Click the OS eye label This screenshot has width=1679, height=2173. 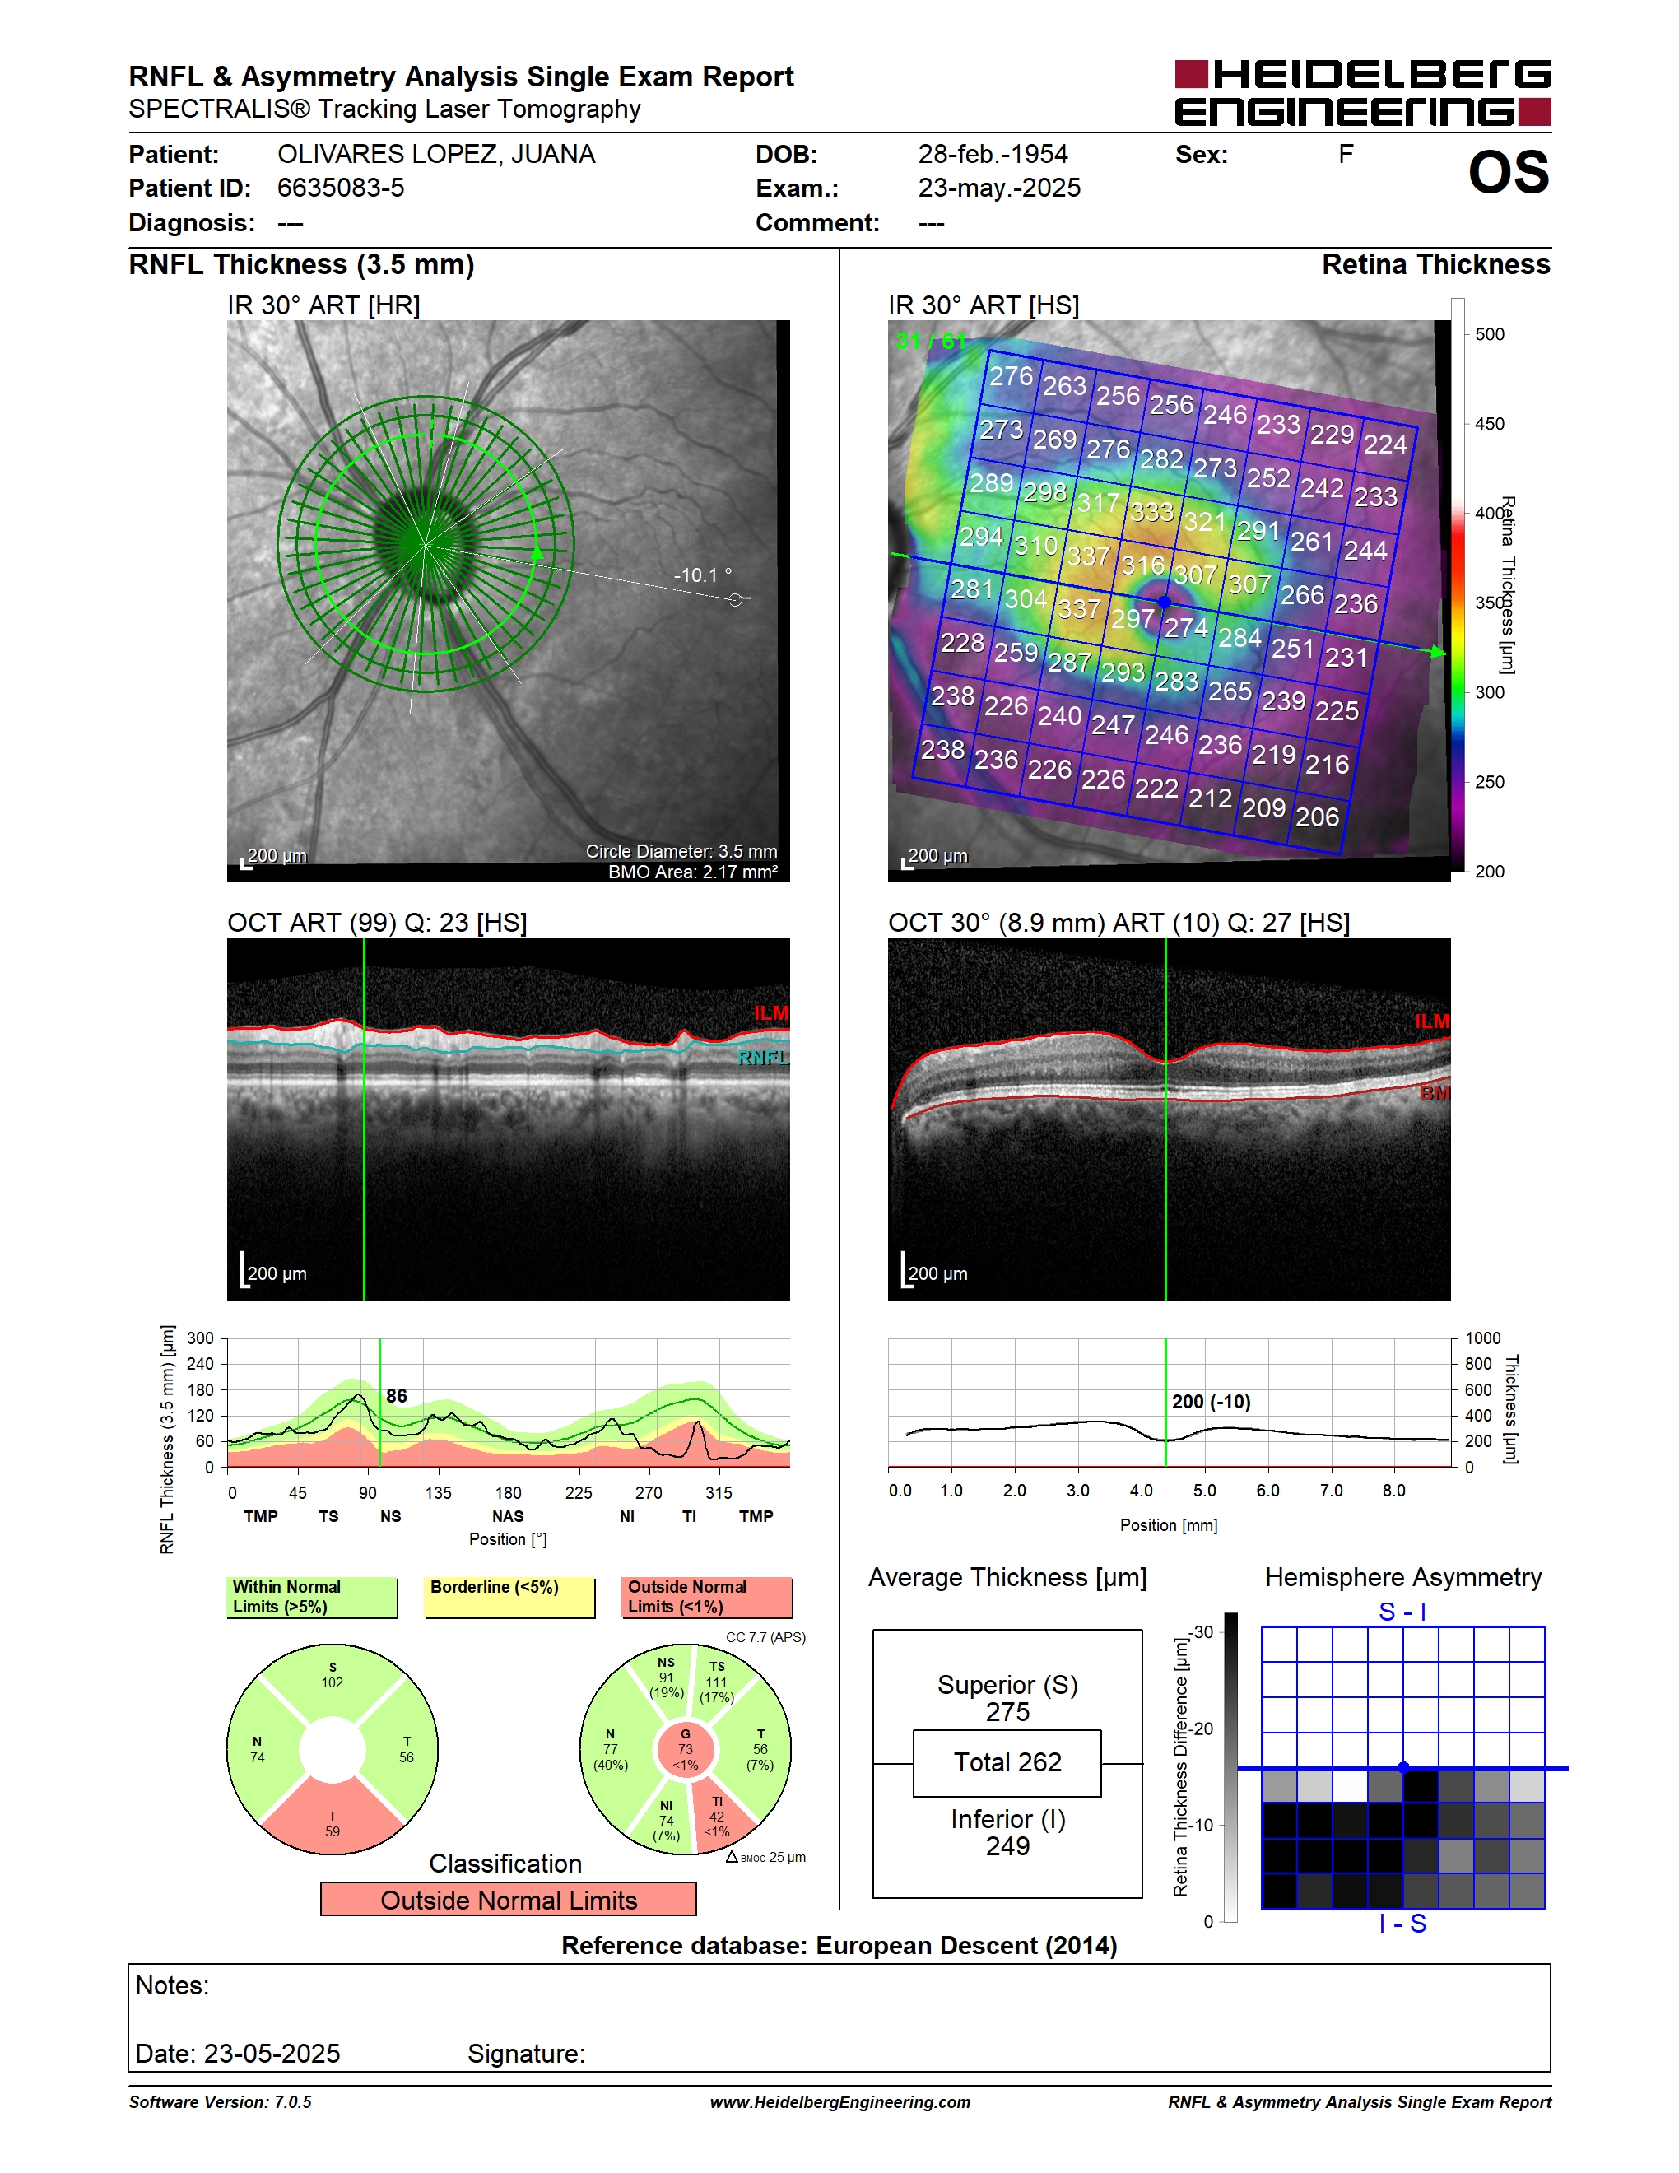coord(1508,173)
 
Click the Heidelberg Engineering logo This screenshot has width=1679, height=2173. coord(1363,92)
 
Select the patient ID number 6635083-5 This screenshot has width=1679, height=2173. coord(340,188)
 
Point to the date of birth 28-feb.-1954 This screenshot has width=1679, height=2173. coord(993,154)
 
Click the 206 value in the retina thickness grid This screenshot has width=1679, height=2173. coord(1317,817)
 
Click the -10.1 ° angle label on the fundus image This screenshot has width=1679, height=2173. coord(702,575)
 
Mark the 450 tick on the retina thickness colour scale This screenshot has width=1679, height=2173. coord(1489,424)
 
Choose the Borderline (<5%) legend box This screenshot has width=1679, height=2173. coord(509,1597)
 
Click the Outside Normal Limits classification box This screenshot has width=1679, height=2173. coord(509,1901)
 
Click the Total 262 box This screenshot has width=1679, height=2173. coord(1007,1763)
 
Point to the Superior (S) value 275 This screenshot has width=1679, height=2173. coord(1007,1712)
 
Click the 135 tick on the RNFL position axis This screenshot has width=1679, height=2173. coord(438,1492)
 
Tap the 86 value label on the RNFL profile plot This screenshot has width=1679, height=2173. coord(397,1396)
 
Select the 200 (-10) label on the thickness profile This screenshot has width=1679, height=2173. coord(1211,1402)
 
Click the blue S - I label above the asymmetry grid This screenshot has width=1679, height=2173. coord(1402,1612)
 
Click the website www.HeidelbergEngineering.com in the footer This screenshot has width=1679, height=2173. coord(839,2102)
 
